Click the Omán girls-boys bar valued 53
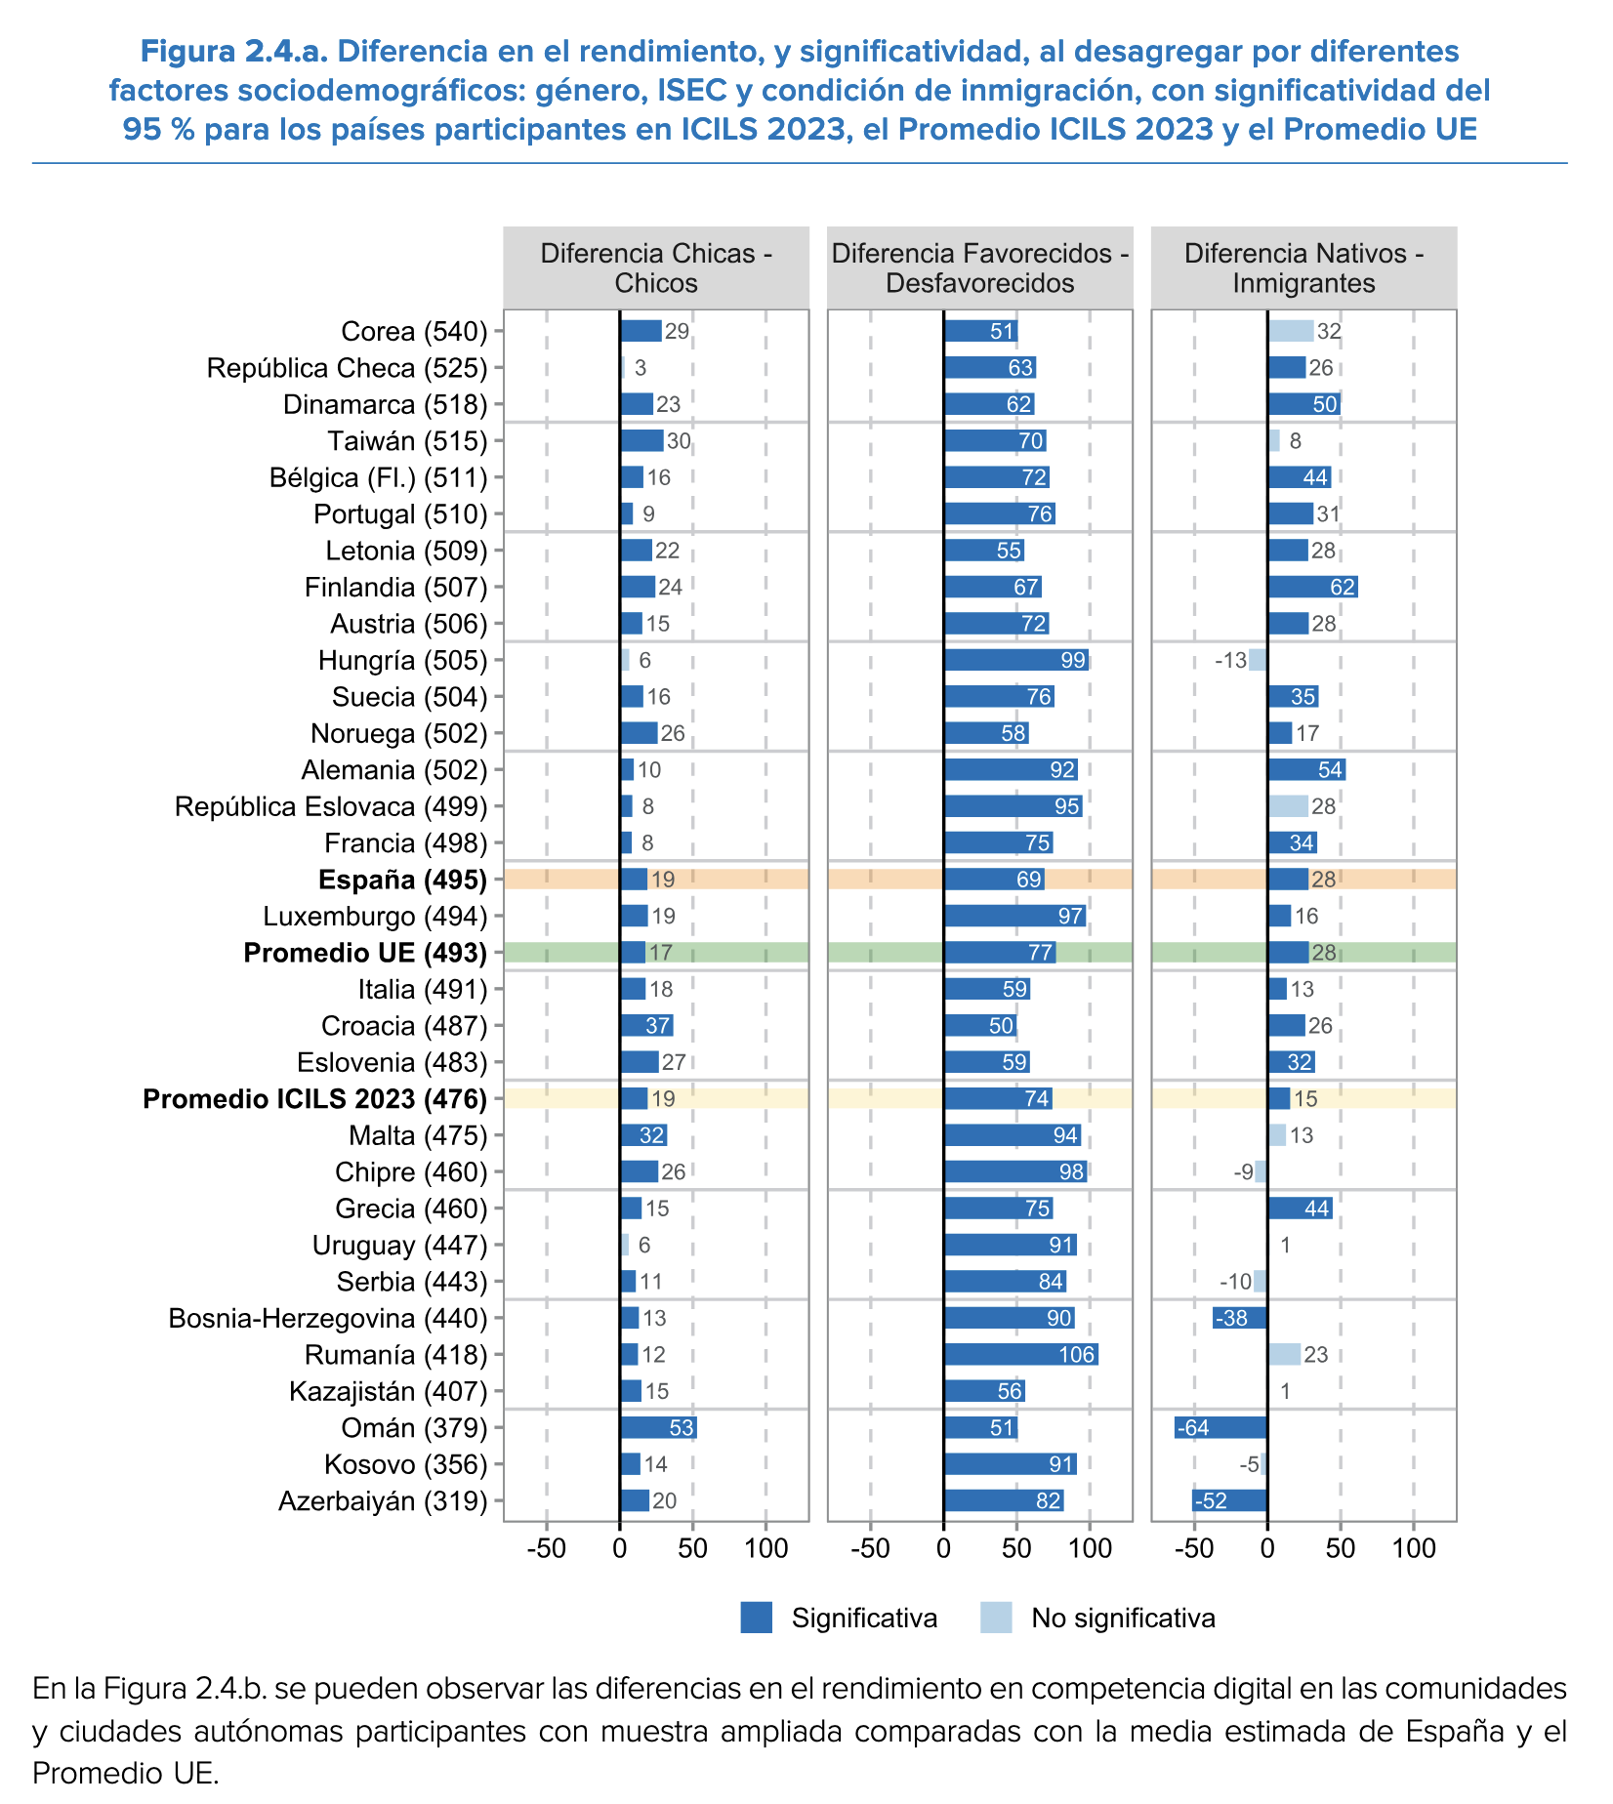(x=657, y=1428)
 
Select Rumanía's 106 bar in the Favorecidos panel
(x=1020, y=1355)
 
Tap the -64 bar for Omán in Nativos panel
(x=1220, y=1428)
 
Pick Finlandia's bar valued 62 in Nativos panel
(x=1312, y=587)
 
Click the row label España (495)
(x=402, y=880)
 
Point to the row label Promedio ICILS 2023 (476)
(x=314, y=1099)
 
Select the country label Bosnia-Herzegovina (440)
(x=327, y=1319)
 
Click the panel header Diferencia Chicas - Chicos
(x=656, y=268)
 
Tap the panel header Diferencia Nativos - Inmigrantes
(x=1303, y=268)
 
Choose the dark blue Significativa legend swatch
(x=757, y=1618)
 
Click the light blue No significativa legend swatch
(x=996, y=1618)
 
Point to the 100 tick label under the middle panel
(x=1090, y=1548)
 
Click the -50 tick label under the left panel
(x=546, y=1548)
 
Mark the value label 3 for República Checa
(x=641, y=368)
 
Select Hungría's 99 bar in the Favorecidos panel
(x=1016, y=660)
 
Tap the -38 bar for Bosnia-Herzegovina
(x=1240, y=1318)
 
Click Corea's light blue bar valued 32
(x=1290, y=331)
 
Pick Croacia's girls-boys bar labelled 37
(x=646, y=1026)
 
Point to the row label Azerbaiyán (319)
(x=383, y=1501)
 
